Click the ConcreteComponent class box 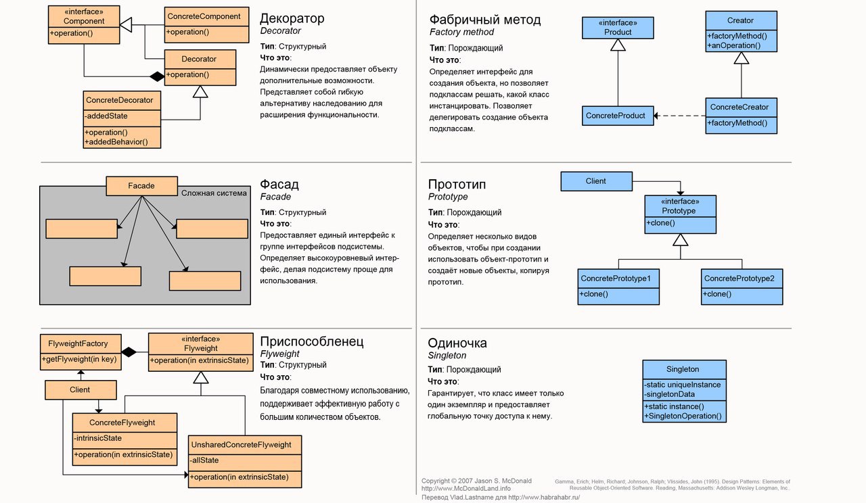point(203,24)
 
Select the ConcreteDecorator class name point(120,100)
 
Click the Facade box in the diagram point(141,186)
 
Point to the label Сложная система point(214,193)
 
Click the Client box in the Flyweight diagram point(80,389)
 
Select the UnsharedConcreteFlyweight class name point(242,445)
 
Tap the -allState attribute point(204,460)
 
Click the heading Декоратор point(292,18)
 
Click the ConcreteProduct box point(616,116)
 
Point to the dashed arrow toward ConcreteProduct point(679,116)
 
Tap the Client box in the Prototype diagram point(596,181)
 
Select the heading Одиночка point(457,343)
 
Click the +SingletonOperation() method point(684,416)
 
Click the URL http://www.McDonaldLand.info point(466,488)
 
